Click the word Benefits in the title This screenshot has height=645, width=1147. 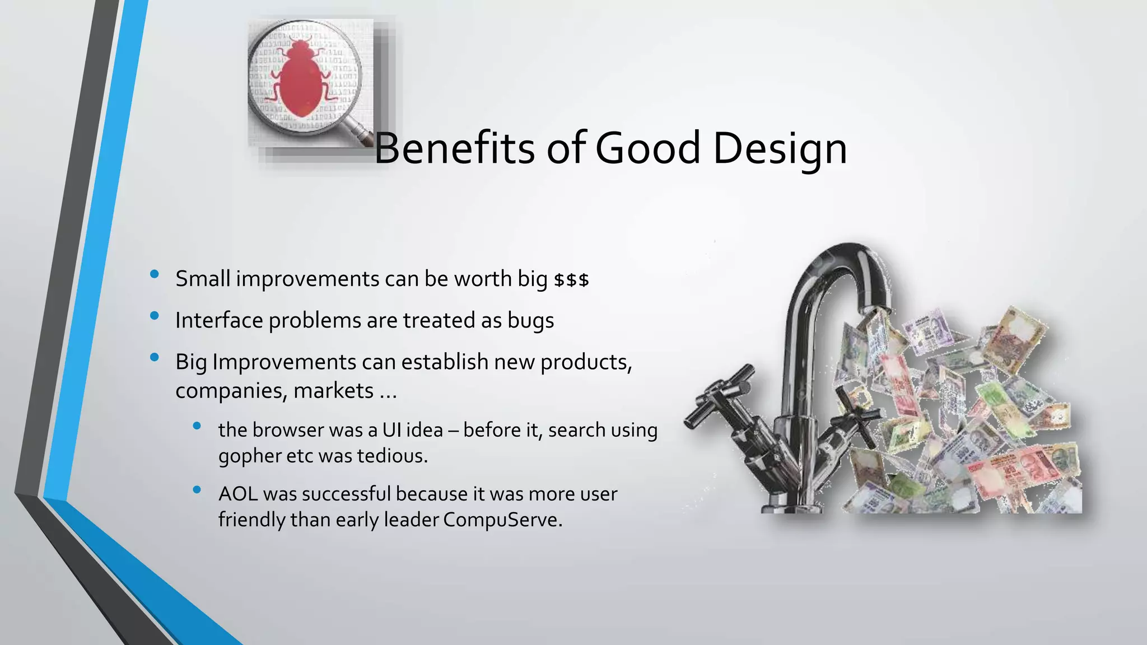(454, 148)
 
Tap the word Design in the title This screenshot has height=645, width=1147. (780, 149)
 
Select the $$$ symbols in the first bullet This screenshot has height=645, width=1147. (571, 280)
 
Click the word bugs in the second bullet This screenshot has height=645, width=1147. (530, 321)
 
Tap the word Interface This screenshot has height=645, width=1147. (219, 321)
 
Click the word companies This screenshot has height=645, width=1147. (231, 391)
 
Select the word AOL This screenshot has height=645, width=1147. (237, 494)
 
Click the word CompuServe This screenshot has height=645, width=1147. (502, 520)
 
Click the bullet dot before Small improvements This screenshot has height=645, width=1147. (155, 274)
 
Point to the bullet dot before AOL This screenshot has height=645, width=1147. (197, 490)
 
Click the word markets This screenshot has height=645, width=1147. (333, 391)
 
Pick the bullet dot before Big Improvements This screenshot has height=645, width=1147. (155, 357)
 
